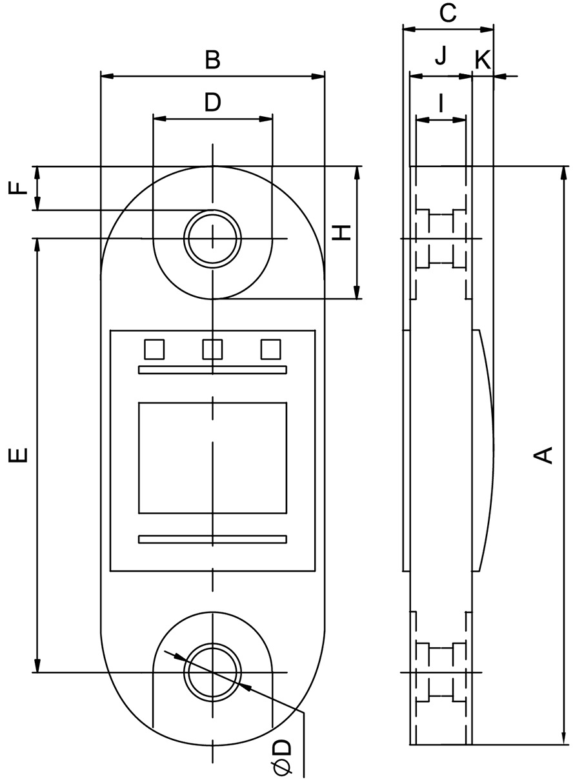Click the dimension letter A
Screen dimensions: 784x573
tap(545, 454)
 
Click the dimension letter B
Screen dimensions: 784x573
tap(213, 60)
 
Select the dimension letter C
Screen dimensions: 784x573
tap(447, 12)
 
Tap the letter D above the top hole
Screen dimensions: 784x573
tap(212, 102)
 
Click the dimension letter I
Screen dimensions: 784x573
tap(441, 103)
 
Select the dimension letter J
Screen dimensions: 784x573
tap(441, 57)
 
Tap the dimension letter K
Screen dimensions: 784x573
tap(483, 60)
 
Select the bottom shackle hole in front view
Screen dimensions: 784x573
tap(212, 672)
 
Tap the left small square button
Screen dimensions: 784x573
tap(154, 349)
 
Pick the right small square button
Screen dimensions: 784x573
tap(270, 349)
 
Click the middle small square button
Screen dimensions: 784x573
tap(212, 349)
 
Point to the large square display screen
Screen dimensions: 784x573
tap(212, 458)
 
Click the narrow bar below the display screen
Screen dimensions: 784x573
tap(212, 539)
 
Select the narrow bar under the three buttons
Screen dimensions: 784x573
tap(212, 370)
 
